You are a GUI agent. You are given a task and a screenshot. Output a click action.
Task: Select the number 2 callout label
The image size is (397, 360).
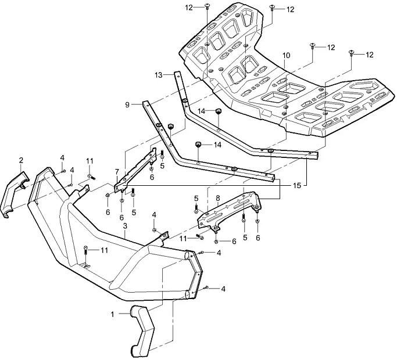pos(21,160)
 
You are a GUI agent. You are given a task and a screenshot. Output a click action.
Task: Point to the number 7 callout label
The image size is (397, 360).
pos(117,172)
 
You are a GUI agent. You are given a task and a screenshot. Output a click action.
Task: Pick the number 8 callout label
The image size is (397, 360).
pos(217,199)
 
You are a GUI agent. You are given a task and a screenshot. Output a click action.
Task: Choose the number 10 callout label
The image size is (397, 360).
pos(285,55)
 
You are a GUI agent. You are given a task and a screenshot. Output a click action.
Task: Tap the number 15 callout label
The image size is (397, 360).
pos(298,185)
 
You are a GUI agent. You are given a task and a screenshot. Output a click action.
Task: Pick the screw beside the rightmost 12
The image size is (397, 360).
pos(352,53)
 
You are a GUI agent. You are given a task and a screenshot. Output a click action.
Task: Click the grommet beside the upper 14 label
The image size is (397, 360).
pos(220,111)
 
